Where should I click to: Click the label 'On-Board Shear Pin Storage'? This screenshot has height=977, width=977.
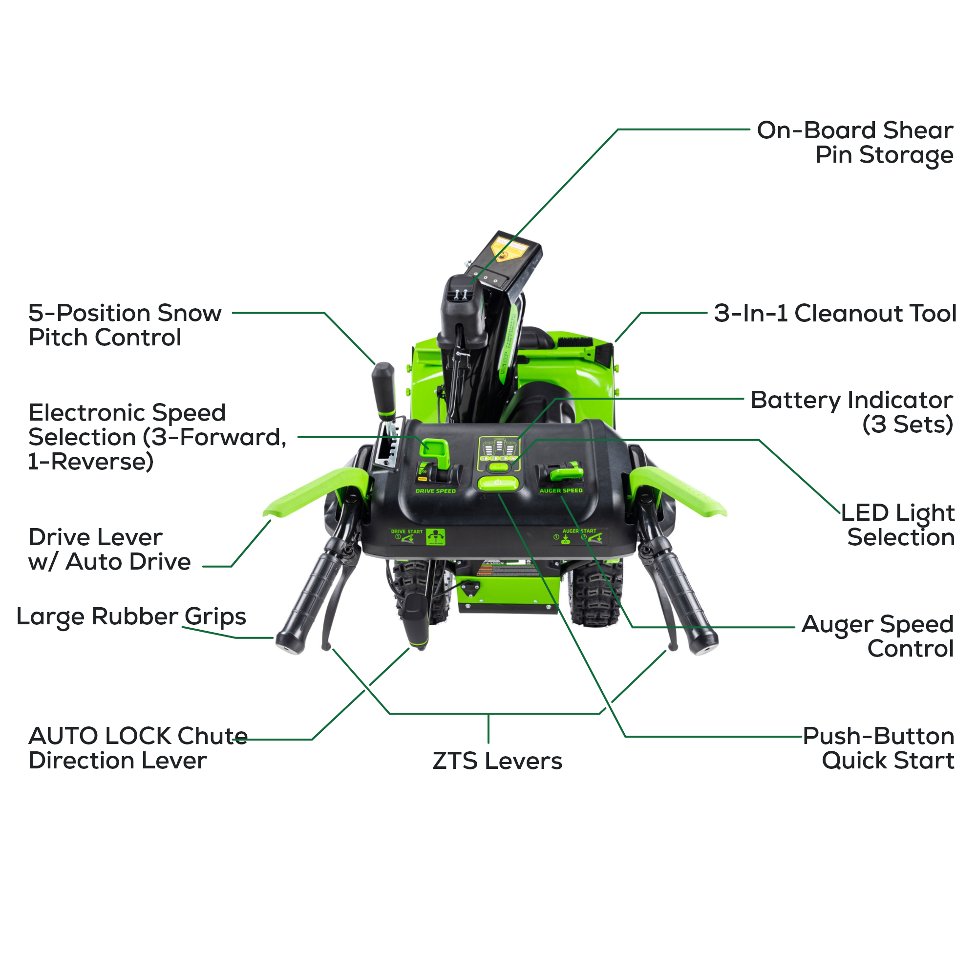click(854, 142)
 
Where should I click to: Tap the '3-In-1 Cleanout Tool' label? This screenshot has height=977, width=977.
click(835, 313)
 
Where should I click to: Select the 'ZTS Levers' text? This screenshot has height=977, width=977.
click(497, 761)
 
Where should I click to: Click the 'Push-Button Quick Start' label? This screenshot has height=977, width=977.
click(879, 748)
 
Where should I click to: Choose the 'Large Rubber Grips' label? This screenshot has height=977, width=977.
click(131, 616)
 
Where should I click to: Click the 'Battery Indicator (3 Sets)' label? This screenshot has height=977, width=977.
click(851, 412)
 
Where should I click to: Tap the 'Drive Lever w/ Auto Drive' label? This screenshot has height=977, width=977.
click(109, 549)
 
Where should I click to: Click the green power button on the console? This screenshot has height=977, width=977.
click(498, 483)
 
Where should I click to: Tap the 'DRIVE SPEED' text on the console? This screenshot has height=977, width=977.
click(435, 491)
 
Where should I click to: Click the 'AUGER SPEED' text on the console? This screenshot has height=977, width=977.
click(561, 490)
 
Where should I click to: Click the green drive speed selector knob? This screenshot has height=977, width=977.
click(435, 451)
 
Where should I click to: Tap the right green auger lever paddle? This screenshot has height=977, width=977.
click(678, 490)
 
